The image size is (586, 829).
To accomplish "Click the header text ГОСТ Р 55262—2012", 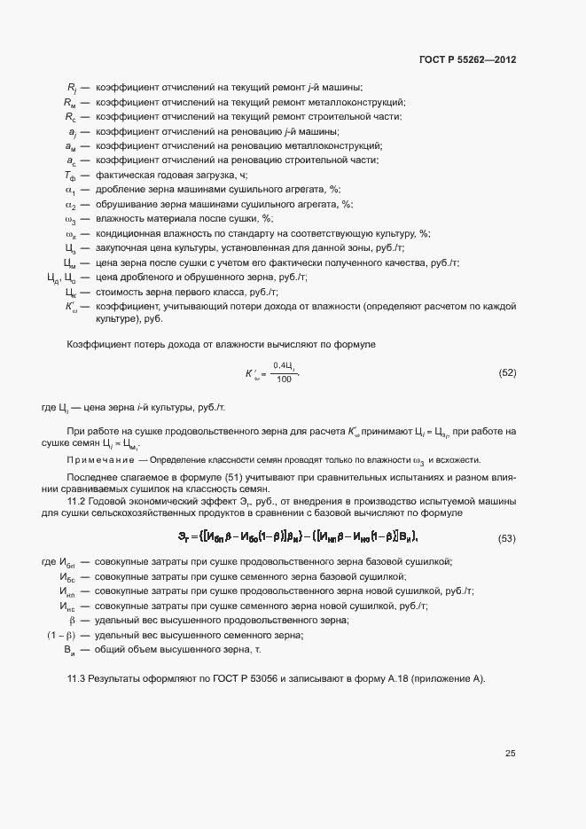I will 466,60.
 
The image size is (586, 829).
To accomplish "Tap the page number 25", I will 511,754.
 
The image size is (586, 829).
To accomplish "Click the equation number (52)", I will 507,372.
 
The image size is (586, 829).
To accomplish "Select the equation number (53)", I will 507,538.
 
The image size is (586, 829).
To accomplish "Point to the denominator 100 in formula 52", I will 284,379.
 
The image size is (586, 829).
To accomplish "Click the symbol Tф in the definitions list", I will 71,175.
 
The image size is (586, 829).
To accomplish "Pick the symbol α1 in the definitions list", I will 71,190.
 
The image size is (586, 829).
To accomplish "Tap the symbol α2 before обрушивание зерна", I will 71,204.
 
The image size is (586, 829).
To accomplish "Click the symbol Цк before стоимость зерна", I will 71,292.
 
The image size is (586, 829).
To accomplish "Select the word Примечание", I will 100,459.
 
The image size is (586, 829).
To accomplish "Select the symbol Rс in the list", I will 71,116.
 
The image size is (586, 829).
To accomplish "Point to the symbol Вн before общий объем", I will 69,651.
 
